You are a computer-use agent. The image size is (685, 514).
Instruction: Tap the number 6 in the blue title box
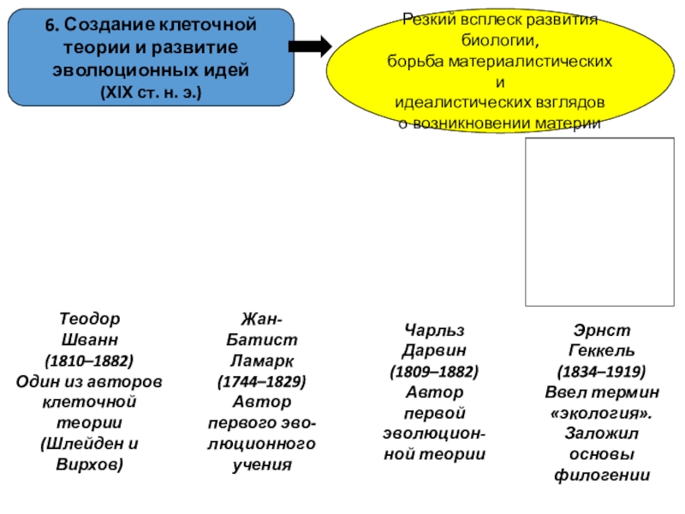[51, 26]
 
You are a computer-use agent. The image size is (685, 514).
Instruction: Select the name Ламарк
[262, 360]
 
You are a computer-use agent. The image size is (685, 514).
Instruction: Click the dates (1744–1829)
[262, 380]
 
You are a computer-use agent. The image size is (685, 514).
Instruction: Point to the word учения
[262, 465]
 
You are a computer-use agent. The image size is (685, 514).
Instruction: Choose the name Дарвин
[433, 350]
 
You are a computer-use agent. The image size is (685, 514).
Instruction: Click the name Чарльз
[433, 330]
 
